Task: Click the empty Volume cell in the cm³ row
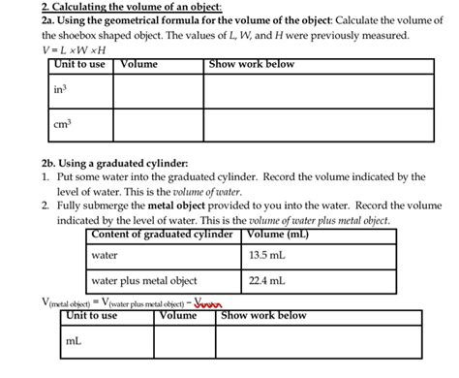(x=158, y=125)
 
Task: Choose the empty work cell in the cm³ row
(x=312, y=125)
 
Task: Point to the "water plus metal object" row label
(x=143, y=282)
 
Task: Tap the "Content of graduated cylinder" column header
(x=162, y=234)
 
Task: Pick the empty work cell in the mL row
(x=319, y=341)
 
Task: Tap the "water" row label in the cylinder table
(x=104, y=256)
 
